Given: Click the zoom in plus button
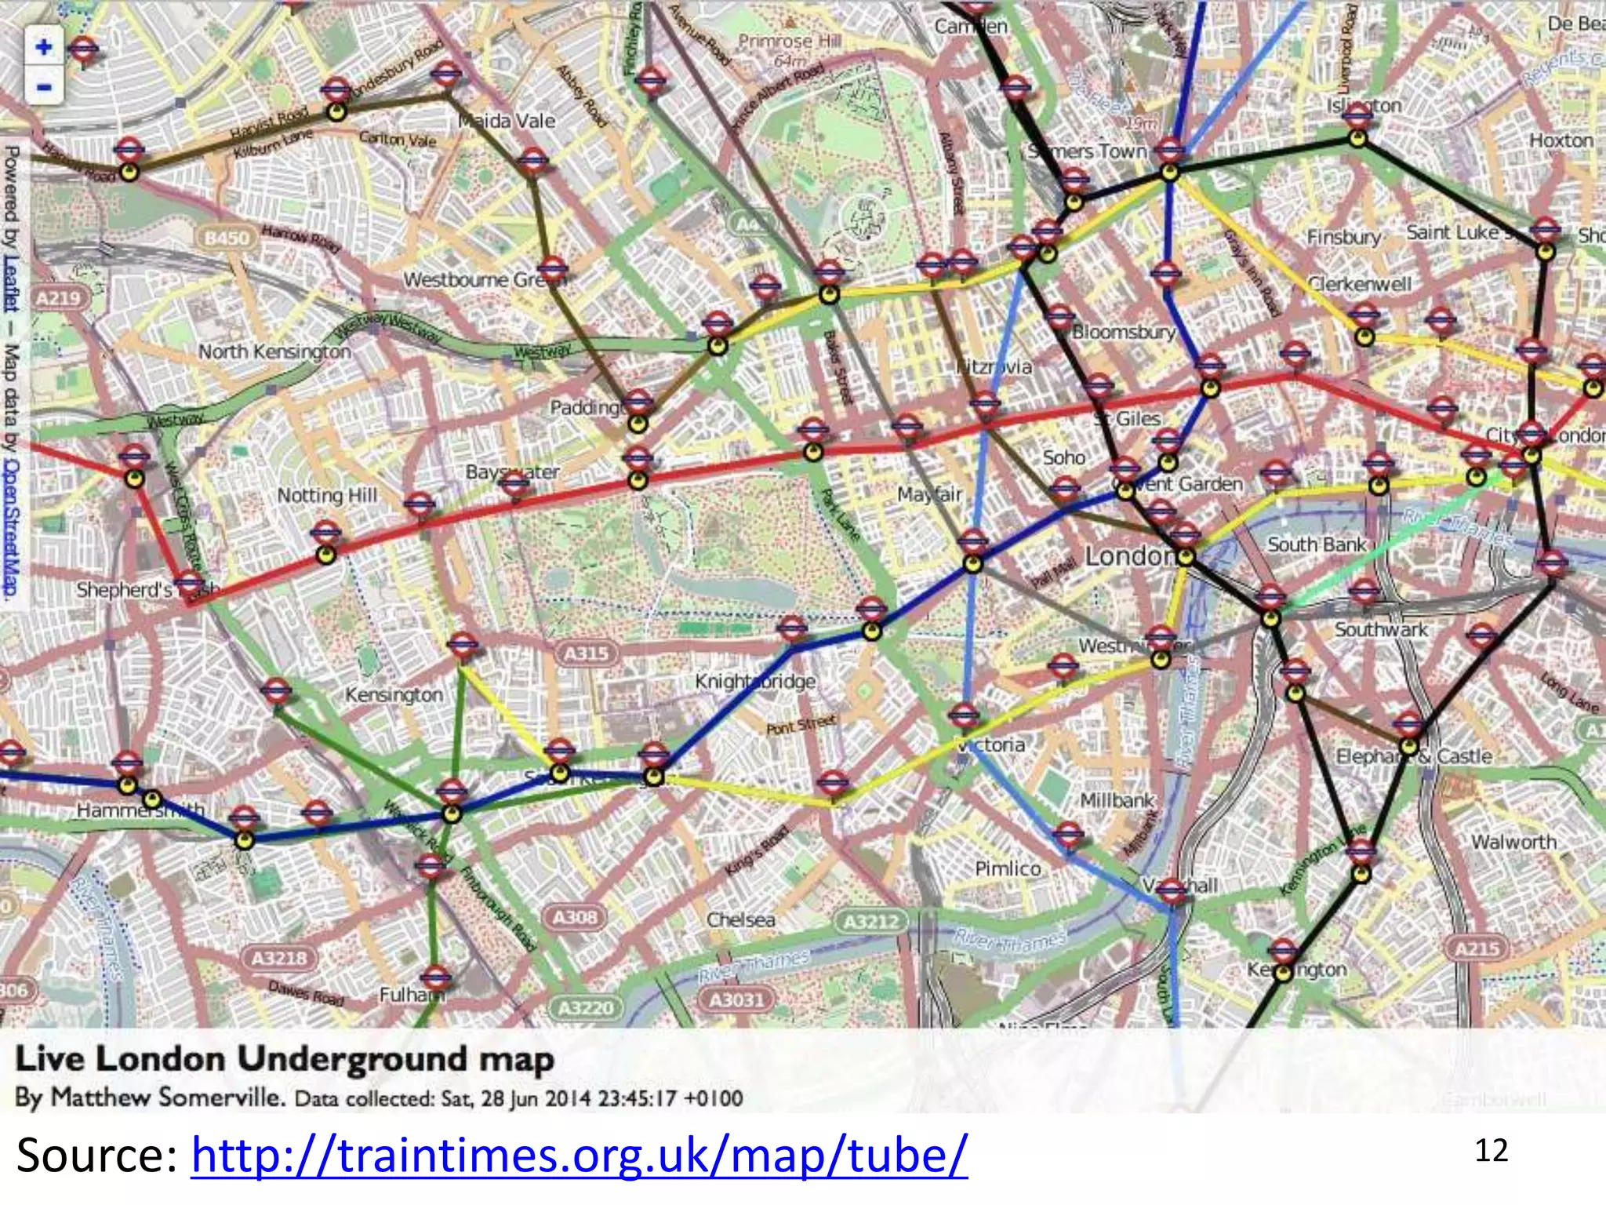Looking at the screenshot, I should click(x=43, y=47).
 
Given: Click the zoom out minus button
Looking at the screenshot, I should click(x=43, y=86).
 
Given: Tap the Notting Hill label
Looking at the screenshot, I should click(x=327, y=496).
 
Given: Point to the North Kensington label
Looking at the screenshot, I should click(x=274, y=351).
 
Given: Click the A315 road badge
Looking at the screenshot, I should click(x=587, y=653).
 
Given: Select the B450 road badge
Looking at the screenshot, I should click(x=227, y=237).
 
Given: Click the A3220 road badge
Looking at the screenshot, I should click(x=586, y=1007).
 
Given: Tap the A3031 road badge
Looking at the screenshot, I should click(x=736, y=999).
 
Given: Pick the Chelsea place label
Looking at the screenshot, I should click(x=740, y=919).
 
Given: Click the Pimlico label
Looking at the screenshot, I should click(x=1008, y=868).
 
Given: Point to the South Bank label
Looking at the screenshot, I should click(x=1317, y=544).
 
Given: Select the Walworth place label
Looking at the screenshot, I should click(x=1513, y=842).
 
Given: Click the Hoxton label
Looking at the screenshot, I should click(x=1561, y=140).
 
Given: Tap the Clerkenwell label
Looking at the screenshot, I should click(x=1359, y=283).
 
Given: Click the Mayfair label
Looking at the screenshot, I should click(x=929, y=494).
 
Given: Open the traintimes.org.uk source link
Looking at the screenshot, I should click(x=580, y=1155).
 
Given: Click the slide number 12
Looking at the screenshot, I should click(x=1491, y=1151).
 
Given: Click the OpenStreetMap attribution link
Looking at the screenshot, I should click(x=11, y=526).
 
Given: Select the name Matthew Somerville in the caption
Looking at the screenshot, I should click(x=167, y=1097).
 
